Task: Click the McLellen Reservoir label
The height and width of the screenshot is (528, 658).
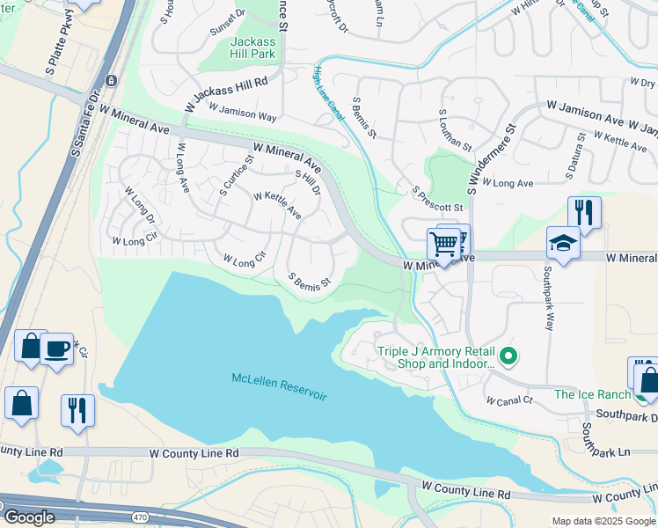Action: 279,387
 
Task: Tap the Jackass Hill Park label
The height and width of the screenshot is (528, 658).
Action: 252,48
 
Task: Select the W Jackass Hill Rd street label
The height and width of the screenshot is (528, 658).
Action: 226,93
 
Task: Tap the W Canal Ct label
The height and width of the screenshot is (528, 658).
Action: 509,400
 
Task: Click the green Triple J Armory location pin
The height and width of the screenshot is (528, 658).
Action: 508,357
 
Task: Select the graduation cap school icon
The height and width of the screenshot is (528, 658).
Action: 563,243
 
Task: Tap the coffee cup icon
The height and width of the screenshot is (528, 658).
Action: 56,348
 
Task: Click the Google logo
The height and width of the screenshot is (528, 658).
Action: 28,517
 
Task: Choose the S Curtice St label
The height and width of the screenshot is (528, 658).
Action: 237,171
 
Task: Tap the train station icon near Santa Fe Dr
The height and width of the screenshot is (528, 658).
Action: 112,80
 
